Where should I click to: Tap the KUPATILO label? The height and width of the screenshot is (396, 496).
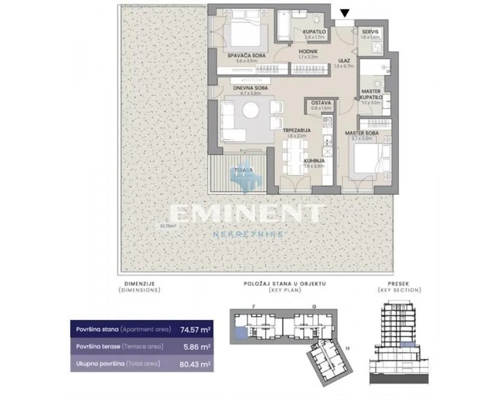tap(315, 32)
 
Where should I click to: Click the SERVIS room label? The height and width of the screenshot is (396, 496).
tap(371, 32)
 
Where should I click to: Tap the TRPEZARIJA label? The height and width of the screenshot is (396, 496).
tap(298, 130)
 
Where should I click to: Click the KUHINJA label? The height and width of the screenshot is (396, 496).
tap(314, 161)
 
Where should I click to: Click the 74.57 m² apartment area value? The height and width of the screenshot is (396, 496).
tap(196, 331)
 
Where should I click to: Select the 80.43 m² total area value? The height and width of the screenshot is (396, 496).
tap(196, 364)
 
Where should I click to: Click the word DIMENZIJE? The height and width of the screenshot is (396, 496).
tap(139, 284)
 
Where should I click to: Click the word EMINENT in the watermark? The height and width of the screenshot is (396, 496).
tap(247, 215)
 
